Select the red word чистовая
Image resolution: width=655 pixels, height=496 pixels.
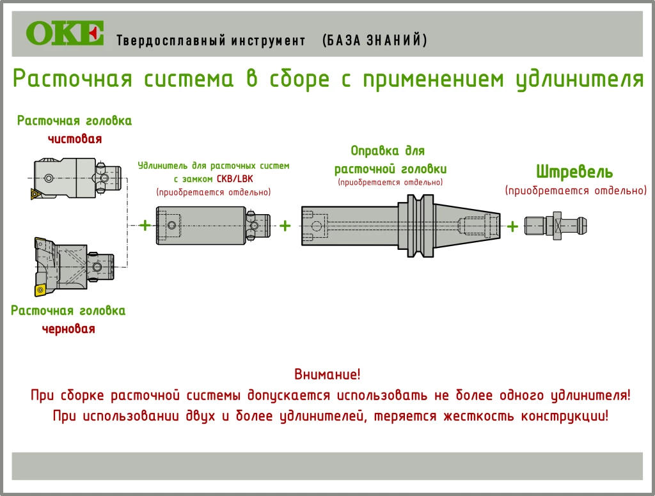pyautogui.click(x=75, y=139)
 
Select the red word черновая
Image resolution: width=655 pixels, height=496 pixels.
pyautogui.click(x=68, y=329)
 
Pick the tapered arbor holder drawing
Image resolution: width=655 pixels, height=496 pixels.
pyautogui.click(x=400, y=226)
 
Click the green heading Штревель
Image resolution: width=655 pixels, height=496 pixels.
pyautogui.click(x=574, y=172)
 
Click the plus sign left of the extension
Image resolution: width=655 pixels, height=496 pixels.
pyautogui.click(x=145, y=225)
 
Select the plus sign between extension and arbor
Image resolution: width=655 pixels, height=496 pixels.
pyautogui.click(x=285, y=226)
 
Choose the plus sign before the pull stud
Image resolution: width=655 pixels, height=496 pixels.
pyautogui.click(x=512, y=226)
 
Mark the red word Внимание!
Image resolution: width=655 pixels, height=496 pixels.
pyautogui.click(x=327, y=374)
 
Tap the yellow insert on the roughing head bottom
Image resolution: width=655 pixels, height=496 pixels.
pyautogui.click(x=40, y=290)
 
